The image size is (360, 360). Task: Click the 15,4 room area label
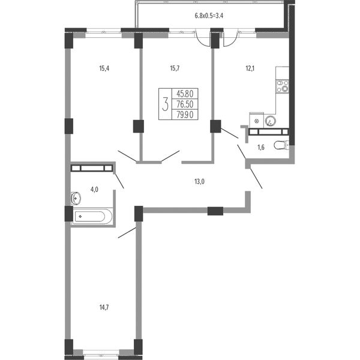104,68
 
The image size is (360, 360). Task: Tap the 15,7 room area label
175,68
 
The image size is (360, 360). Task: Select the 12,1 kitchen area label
250,68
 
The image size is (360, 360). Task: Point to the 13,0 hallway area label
199,182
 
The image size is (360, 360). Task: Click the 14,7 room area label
104,307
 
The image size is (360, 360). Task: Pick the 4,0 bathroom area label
94,190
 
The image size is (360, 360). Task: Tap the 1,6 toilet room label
261,148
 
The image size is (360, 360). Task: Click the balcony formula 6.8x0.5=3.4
209,16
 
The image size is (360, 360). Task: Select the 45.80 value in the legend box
185,94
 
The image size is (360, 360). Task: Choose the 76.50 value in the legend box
185,104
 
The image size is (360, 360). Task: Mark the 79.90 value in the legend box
185,115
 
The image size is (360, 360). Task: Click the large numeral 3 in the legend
165,104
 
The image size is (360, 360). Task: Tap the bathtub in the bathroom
92,216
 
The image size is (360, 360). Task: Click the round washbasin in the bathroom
76,198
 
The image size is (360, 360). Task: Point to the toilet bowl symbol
281,145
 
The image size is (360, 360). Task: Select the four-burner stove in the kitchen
283,86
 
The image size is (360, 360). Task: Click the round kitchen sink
270,121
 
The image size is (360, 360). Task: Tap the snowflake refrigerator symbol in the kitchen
257,121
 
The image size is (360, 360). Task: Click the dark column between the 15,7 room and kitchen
215,126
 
